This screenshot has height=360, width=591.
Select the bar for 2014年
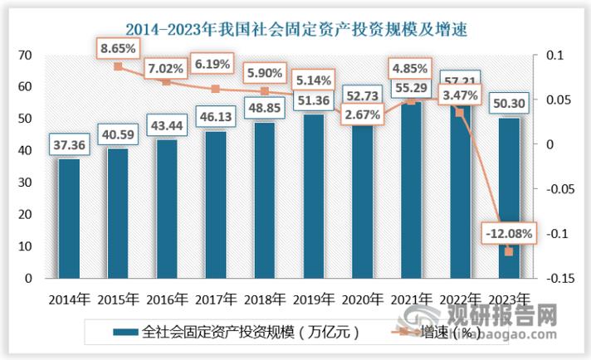pyautogui.click(x=70, y=219)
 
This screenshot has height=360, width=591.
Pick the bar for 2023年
pyautogui.click(x=509, y=198)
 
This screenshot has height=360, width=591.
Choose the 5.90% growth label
pyautogui.click(x=266, y=72)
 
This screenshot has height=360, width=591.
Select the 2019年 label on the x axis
pyautogui.click(x=314, y=299)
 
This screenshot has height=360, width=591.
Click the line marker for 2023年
pyautogui.click(x=509, y=251)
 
